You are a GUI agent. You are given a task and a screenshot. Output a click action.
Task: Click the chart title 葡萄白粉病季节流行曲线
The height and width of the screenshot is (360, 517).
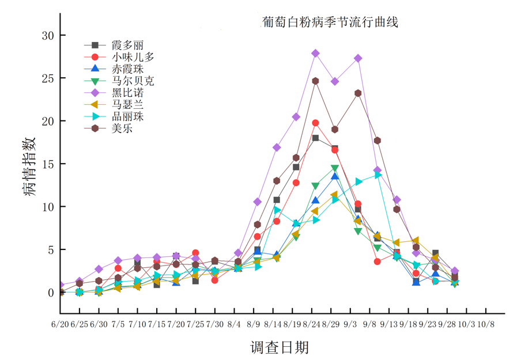[x=330, y=22]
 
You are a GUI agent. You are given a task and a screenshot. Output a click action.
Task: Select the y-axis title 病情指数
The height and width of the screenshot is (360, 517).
[x=29, y=166]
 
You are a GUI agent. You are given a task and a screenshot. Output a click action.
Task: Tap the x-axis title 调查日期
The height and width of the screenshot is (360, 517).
[x=280, y=347]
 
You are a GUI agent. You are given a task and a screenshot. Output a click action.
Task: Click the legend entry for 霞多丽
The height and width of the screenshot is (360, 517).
[x=114, y=45]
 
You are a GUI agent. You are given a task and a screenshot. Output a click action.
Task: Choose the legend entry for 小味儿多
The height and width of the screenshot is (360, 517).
[x=119, y=57]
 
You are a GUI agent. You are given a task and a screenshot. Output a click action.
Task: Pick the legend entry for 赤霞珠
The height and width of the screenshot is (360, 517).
[x=114, y=69]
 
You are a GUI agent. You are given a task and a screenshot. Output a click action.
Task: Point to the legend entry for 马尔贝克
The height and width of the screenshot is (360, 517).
[x=119, y=81]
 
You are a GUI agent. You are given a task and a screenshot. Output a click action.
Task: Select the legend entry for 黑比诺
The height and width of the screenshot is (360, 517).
[x=114, y=93]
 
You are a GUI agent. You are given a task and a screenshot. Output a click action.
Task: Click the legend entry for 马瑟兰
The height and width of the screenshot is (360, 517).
[x=114, y=104]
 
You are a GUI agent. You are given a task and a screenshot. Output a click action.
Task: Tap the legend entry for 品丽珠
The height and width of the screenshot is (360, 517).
[x=114, y=116]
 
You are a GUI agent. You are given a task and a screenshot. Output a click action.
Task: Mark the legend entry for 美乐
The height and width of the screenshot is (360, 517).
[x=108, y=128]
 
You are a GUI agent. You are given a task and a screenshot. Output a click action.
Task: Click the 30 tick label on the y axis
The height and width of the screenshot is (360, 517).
[x=48, y=35]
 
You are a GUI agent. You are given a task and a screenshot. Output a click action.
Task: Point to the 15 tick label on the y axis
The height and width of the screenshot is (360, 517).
[x=48, y=164]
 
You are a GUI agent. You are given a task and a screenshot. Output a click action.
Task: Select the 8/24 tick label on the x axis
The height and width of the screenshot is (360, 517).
[x=311, y=324]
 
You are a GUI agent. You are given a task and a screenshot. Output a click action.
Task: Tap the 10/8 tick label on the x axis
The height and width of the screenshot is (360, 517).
[x=486, y=324]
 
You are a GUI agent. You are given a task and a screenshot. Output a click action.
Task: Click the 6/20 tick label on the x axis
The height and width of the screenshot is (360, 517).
[x=60, y=324]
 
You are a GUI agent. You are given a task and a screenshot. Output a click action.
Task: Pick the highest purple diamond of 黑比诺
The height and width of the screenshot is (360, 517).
[x=315, y=53]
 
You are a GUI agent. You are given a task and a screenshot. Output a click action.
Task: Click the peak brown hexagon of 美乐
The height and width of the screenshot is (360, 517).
[x=315, y=81]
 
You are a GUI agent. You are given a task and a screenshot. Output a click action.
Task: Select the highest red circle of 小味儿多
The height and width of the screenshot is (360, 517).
[x=315, y=123]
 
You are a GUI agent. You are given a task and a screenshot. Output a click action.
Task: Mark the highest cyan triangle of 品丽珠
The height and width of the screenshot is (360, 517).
[x=378, y=175]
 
